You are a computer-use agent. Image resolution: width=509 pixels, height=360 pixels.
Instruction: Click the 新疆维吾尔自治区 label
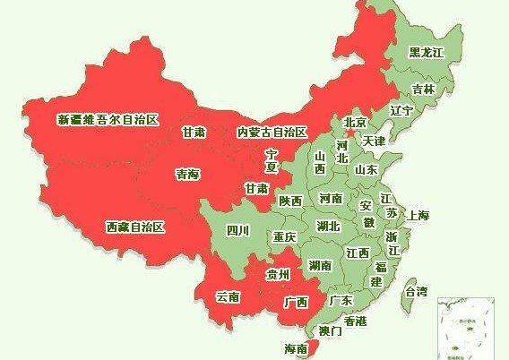(108, 119)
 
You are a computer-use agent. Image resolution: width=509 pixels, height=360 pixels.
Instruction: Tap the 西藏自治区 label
(134, 227)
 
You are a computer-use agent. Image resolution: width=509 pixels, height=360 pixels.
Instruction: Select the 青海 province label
(187, 176)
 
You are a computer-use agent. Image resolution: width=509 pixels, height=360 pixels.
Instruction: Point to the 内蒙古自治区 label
(272, 132)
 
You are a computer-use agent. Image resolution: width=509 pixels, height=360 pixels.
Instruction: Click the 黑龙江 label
(426, 53)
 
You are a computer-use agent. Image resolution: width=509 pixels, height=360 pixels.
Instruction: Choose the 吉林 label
(423, 89)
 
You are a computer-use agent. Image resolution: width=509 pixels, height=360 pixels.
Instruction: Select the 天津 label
(374, 141)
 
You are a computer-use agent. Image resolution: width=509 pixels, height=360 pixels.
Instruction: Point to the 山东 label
(366, 168)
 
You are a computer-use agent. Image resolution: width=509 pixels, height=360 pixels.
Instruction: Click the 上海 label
(418, 215)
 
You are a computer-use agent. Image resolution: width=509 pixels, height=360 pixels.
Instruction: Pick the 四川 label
(237, 230)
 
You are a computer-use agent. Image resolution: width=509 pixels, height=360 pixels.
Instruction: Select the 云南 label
(228, 296)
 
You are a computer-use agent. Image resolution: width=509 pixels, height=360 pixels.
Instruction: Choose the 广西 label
(295, 302)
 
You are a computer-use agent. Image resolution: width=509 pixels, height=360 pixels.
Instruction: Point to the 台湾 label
(416, 291)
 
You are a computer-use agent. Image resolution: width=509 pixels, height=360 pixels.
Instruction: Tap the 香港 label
(355, 321)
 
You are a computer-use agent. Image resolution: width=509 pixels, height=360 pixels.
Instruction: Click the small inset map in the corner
(469, 327)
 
